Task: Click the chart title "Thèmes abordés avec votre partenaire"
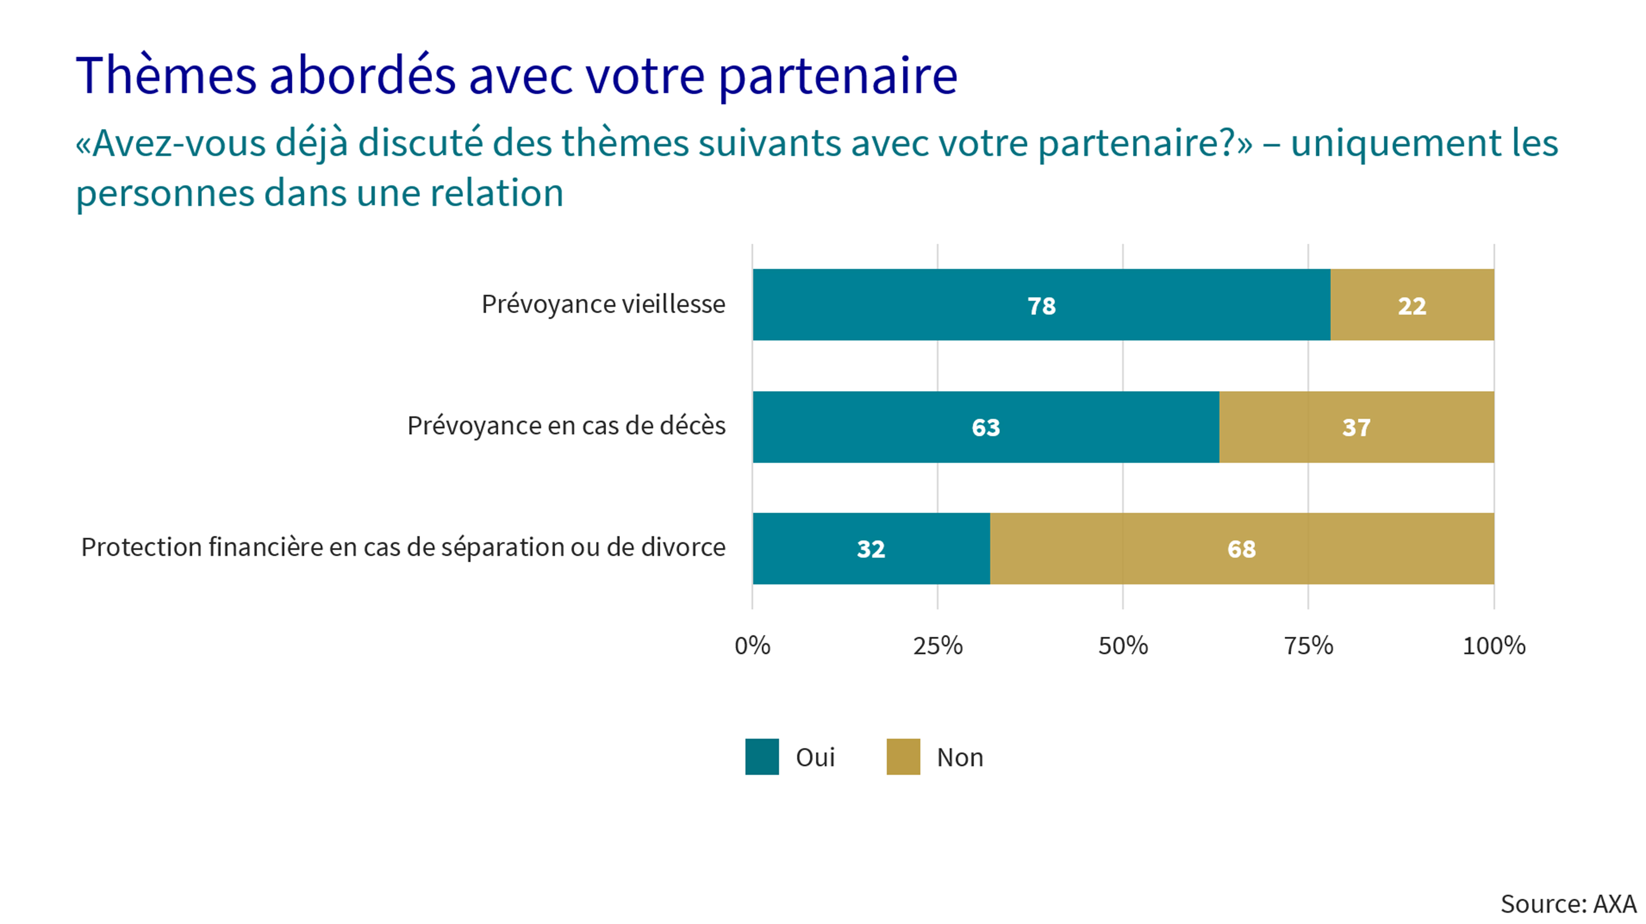coord(516,75)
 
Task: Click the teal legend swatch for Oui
coord(762,756)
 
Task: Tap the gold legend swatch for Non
coord(903,756)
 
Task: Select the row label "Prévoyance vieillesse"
coord(603,304)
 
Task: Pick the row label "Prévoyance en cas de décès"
coord(566,426)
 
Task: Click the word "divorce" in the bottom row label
coord(683,547)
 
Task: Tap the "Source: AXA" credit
coord(1568,903)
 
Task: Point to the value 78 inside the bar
coord(1042,306)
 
